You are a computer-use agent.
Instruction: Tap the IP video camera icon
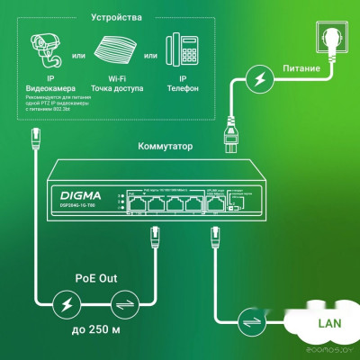coord(49,54)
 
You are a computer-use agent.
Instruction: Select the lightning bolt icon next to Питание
coord(260,79)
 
